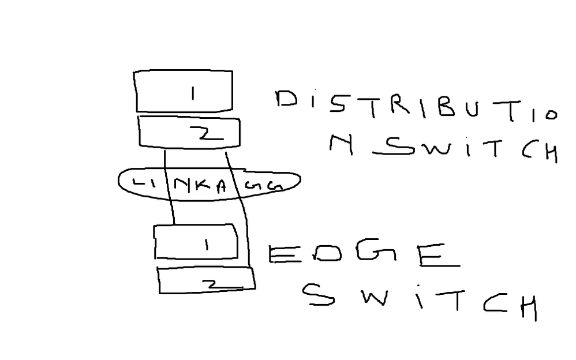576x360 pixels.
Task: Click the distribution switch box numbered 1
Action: click(x=184, y=91)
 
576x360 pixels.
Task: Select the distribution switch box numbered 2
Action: click(x=189, y=133)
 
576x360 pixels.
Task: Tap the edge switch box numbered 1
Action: click(x=196, y=242)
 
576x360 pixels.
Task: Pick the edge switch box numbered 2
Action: click(x=206, y=281)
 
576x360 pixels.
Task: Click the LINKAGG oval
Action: click(x=209, y=183)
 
